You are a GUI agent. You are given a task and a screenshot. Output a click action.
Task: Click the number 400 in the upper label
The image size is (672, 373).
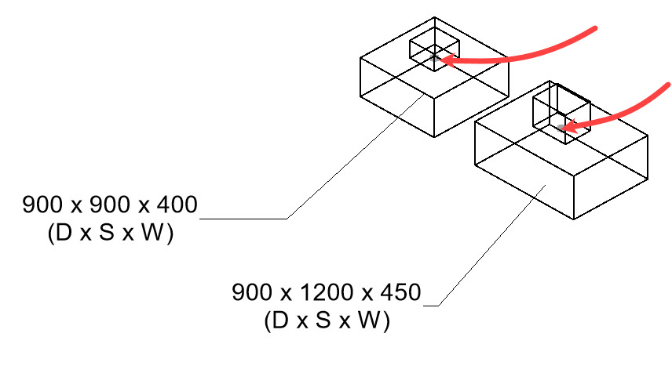tap(175, 206)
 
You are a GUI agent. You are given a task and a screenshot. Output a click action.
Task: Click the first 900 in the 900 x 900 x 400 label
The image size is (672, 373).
tap(44, 206)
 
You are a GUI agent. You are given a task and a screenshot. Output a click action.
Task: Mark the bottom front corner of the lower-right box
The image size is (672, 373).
tap(575, 219)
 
